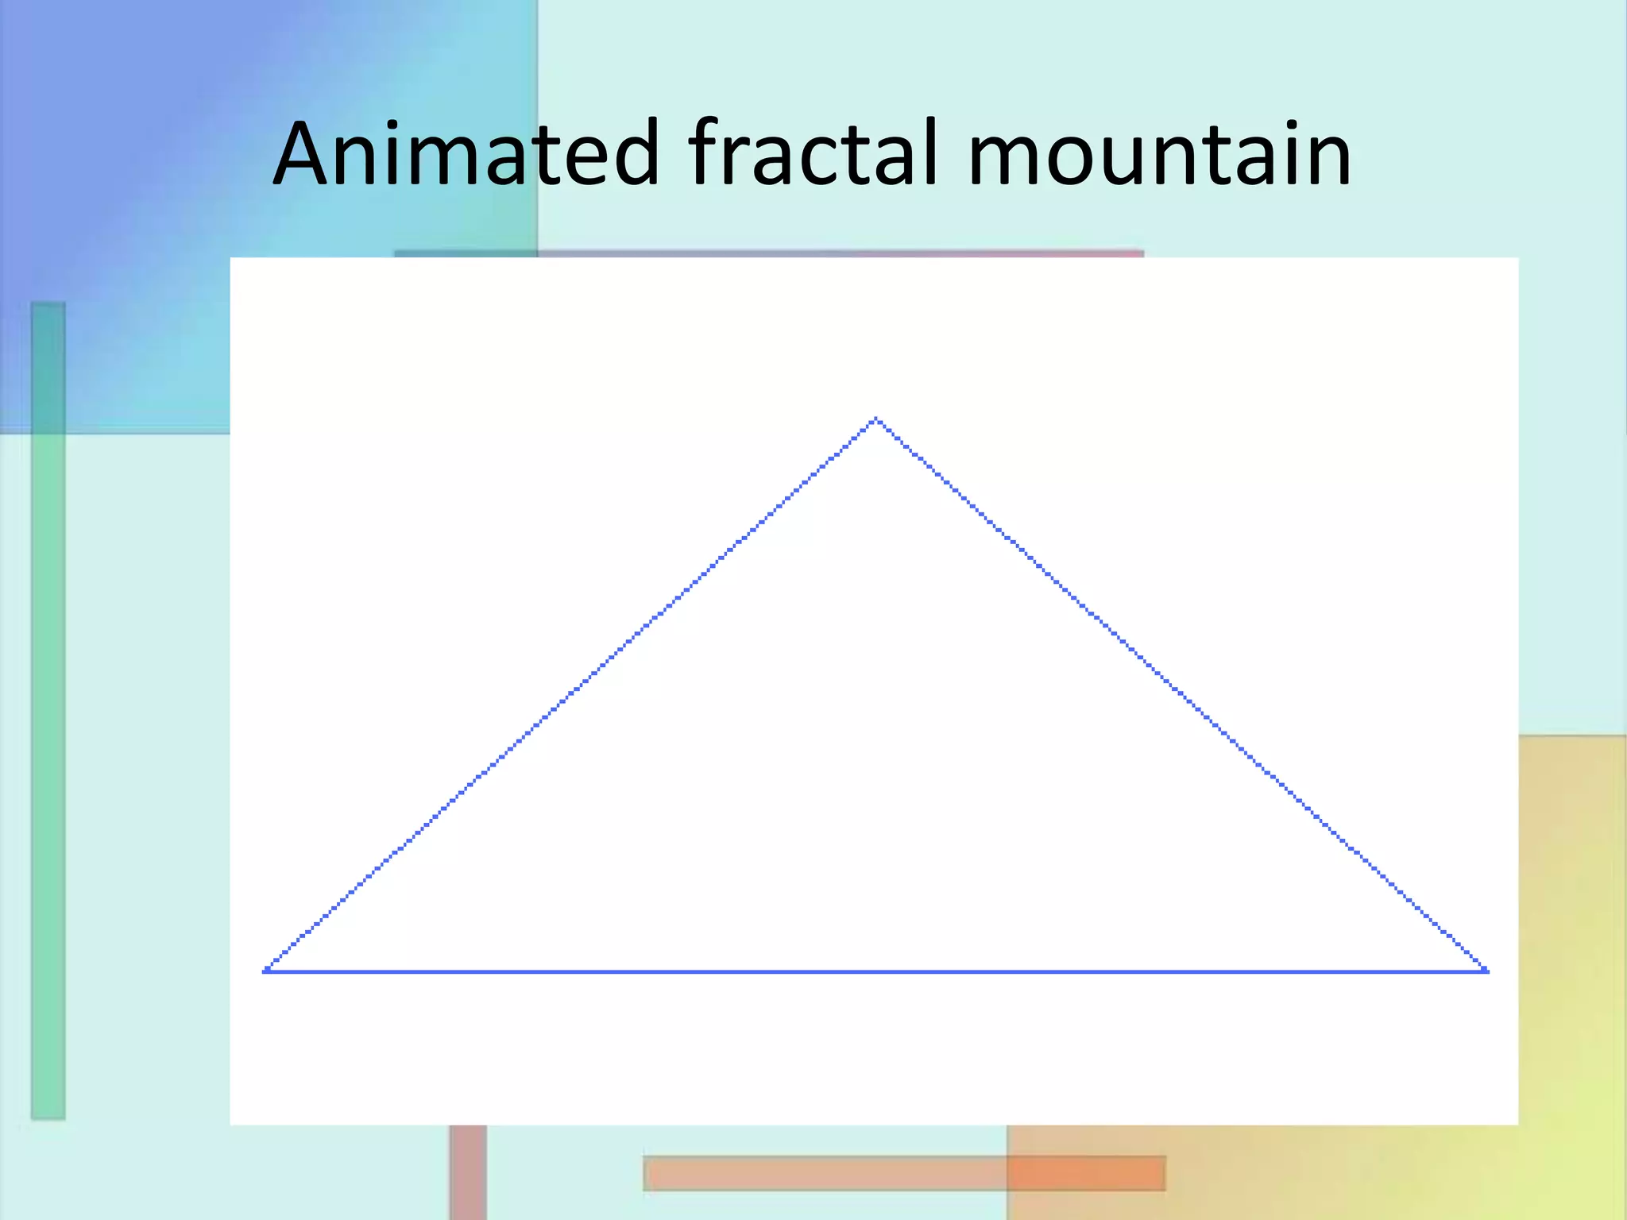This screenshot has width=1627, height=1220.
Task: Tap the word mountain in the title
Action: tap(1159, 155)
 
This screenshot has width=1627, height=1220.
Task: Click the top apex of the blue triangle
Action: tap(875, 419)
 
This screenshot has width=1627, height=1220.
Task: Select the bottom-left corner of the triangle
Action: tap(266, 970)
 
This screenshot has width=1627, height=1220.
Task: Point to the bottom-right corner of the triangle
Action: tap(1486, 970)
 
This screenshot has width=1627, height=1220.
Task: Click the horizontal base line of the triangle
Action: tap(874, 971)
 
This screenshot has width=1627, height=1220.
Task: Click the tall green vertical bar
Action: tap(48, 715)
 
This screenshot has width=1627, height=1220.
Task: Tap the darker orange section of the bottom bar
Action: tap(1085, 1173)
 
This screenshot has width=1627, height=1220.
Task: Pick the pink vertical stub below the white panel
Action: tap(468, 1172)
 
